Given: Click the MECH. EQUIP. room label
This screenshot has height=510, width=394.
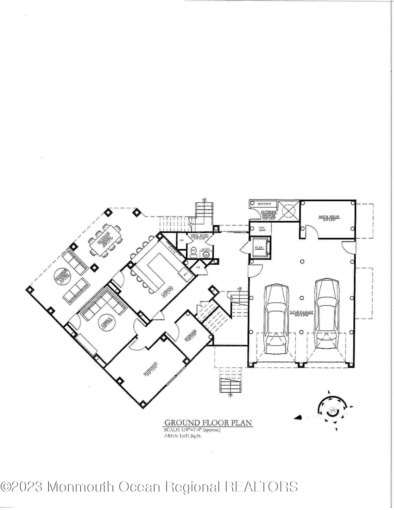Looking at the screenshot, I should pos(329,217).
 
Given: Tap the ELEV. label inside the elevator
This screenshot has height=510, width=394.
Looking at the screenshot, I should pos(258,247).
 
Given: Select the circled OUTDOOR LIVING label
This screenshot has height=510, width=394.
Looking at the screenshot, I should pos(62,276).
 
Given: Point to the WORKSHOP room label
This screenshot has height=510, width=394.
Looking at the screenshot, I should pos(150,369).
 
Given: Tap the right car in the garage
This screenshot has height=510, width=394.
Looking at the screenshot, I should pos(327,313).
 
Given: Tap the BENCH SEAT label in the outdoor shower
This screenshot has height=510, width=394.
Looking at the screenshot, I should pos(264,204).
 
